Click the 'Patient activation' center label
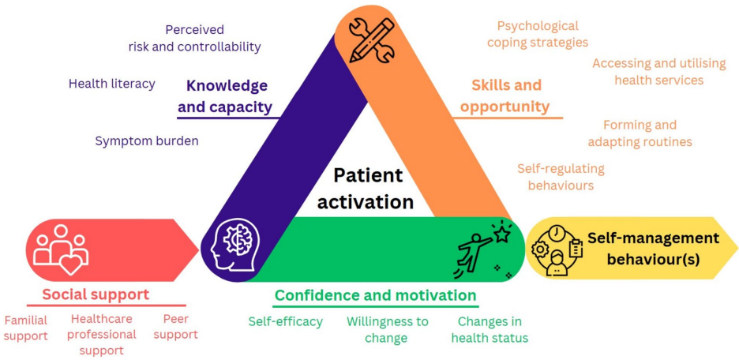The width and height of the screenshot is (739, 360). tap(367, 189)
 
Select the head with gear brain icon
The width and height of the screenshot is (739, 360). tap(234, 247)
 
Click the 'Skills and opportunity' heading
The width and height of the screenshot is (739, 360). tap(506, 96)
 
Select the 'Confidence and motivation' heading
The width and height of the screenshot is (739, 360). tap(375, 296)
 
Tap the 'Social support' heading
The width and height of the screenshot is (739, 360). tap(96, 294)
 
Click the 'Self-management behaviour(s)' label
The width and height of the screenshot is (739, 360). tap(652, 248)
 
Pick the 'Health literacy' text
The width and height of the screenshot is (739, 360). tap(112, 83)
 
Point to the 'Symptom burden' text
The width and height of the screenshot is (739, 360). tap(147, 141)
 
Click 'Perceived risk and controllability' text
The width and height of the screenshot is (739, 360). tap(194, 38)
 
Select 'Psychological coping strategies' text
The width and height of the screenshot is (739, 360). tap(538, 34)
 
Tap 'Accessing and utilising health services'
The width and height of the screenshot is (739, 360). tap(647, 71)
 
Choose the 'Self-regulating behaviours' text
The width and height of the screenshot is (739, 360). tap(561, 177)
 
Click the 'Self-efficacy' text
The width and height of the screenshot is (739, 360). tap(285, 321)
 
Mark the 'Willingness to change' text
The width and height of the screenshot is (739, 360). tap(387, 329)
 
